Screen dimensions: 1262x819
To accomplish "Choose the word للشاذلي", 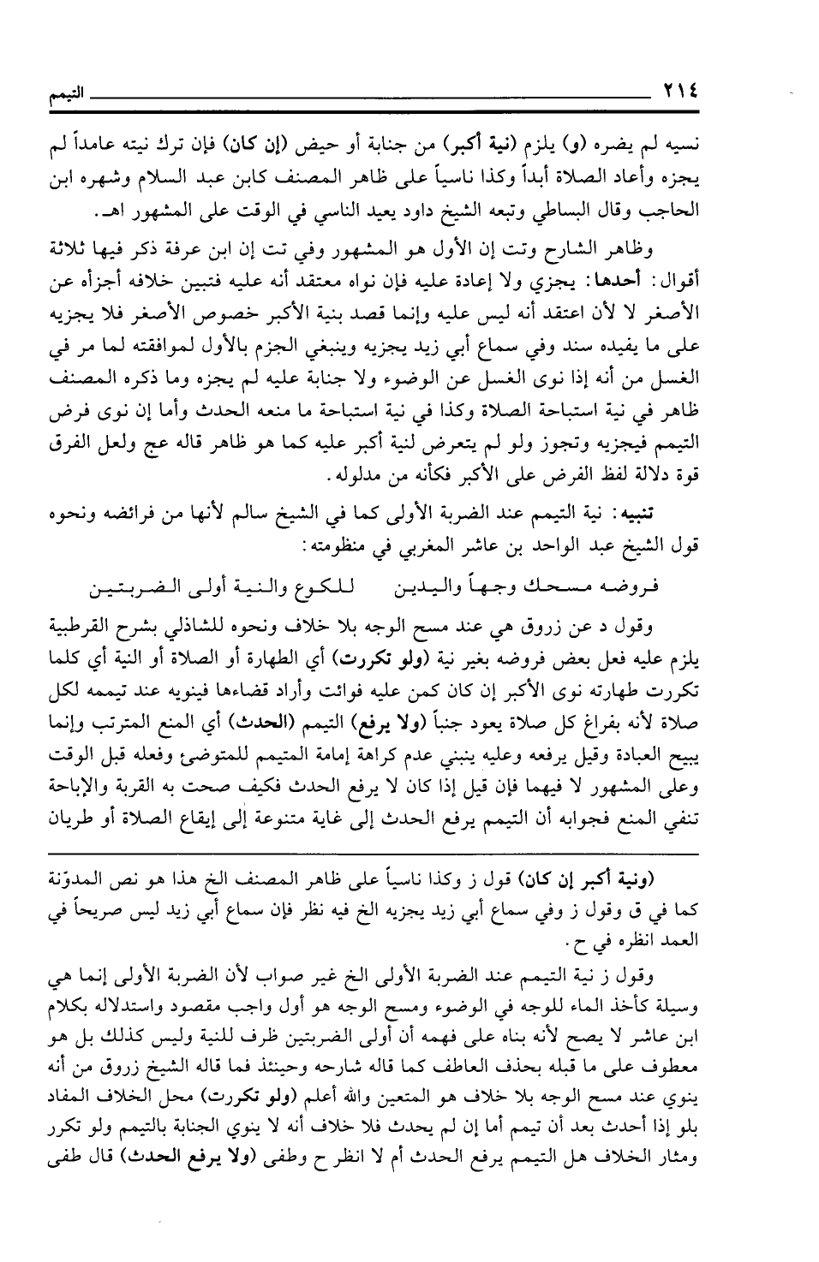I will (x=225, y=628).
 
